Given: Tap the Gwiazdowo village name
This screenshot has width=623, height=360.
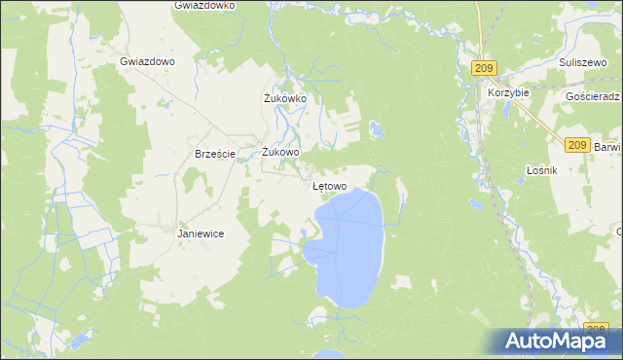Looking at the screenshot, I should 147,60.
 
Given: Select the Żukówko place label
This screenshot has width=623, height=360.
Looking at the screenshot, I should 285,98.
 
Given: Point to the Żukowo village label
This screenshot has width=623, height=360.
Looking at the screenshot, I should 281,152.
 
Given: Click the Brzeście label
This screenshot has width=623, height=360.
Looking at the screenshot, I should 215,154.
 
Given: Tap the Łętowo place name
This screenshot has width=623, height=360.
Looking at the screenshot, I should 329,186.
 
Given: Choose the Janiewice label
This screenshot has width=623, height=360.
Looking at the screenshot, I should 202,234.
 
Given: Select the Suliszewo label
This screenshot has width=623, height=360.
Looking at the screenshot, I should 583,60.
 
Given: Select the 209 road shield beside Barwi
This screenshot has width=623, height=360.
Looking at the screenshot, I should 576,145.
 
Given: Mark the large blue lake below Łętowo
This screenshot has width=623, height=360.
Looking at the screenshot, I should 352,248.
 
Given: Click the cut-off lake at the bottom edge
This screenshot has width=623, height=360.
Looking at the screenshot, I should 328,354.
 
